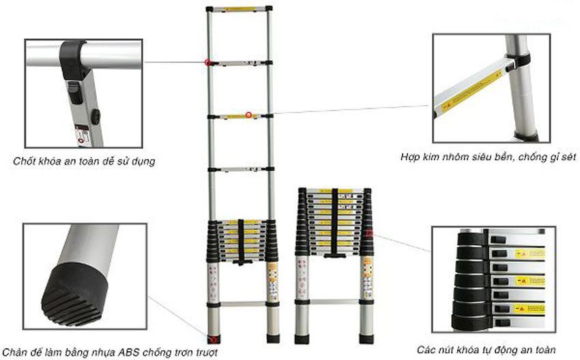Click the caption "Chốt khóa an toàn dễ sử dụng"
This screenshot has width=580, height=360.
(84, 162)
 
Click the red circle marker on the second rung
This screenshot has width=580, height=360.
(207, 63)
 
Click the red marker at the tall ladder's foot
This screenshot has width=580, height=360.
(214, 337)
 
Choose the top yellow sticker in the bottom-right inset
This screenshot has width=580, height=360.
(530, 254)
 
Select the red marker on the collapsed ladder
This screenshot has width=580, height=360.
(369, 234)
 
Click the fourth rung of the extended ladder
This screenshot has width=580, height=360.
(240, 168)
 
